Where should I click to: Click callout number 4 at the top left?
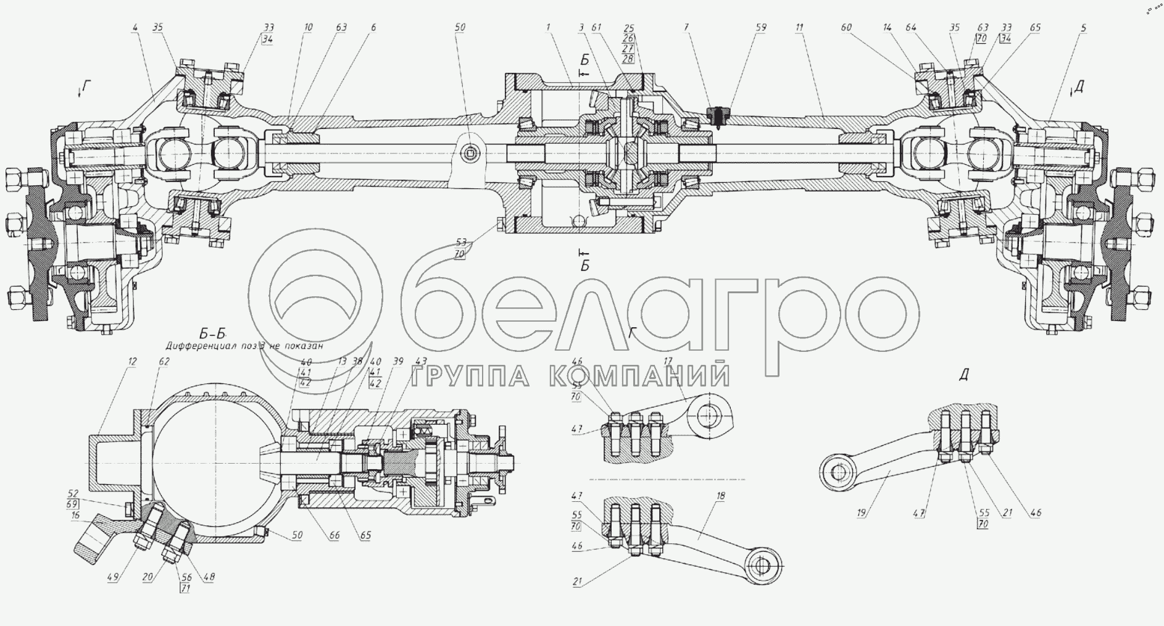pos(135,28)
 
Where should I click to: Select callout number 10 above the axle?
pos(308,28)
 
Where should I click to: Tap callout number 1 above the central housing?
pos(547,28)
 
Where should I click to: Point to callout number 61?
pos(596,28)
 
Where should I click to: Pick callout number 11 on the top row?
pos(799,28)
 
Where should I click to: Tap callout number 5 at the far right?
pos(1084,28)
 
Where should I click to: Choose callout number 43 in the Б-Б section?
pos(421,361)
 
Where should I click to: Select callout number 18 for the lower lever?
pos(721,496)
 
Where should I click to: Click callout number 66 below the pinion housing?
pos(334,536)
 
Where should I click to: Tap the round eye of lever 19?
pos(837,472)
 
